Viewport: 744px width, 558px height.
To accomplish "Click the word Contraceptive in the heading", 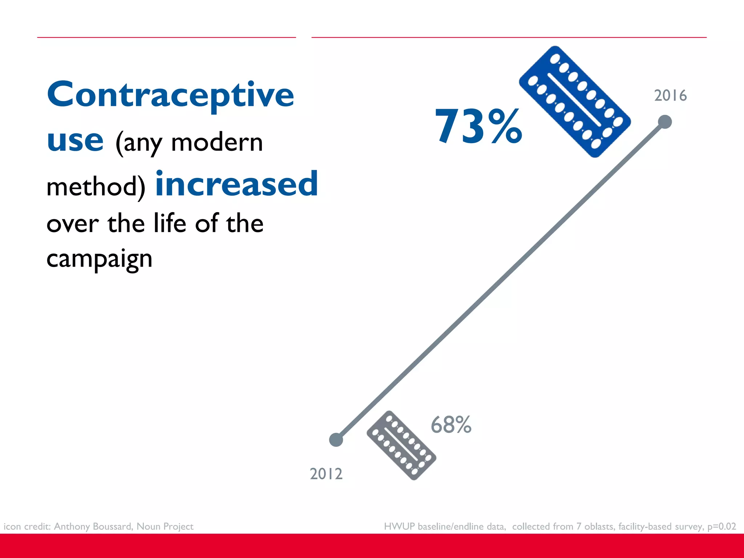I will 170,95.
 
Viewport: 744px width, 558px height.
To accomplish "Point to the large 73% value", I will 478,126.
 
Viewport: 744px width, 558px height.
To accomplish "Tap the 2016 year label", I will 670,96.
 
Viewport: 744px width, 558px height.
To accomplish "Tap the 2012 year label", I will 326,474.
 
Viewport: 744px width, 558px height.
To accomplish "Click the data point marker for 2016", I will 665,122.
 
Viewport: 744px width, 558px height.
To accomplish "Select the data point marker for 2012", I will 336,440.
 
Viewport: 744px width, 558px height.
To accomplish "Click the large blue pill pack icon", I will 575,102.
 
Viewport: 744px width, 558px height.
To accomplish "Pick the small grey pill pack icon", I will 401,445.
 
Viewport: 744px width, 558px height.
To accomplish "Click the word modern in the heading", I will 217,142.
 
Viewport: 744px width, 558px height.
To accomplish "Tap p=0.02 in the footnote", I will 721,526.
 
